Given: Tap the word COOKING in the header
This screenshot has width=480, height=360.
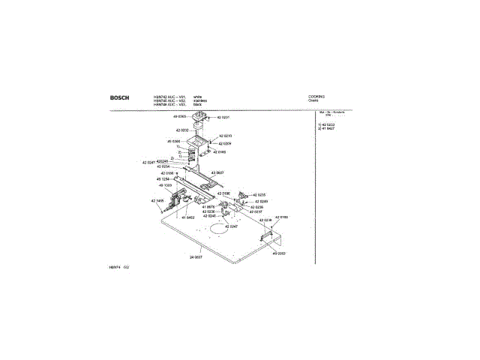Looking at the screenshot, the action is click(x=316, y=97).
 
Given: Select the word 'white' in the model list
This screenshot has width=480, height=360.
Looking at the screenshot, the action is click(x=197, y=97).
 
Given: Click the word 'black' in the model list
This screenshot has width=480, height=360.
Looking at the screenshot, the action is click(x=197, y=105).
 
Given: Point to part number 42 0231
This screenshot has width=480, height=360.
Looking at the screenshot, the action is click(x=223, y=118).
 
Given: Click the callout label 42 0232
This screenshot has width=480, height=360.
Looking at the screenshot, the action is click(x=169, y=130).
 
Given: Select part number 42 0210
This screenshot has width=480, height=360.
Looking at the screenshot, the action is click(x=225, y=136).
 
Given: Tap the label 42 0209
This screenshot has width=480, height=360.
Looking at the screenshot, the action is click(x=225, y=142).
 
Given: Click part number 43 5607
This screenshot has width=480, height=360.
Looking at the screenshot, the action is click(x=217, y=172).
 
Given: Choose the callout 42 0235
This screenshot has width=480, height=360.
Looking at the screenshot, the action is click(x=259, y=194).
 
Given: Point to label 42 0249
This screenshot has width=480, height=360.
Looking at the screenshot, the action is click(x=261, y=201).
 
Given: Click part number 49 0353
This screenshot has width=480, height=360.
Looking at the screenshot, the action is click(x=279, y=253).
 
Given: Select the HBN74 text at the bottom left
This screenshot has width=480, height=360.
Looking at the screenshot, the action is click(x=115, y=267).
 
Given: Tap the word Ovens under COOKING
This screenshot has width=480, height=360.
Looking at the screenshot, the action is click(x=314, y=101).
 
